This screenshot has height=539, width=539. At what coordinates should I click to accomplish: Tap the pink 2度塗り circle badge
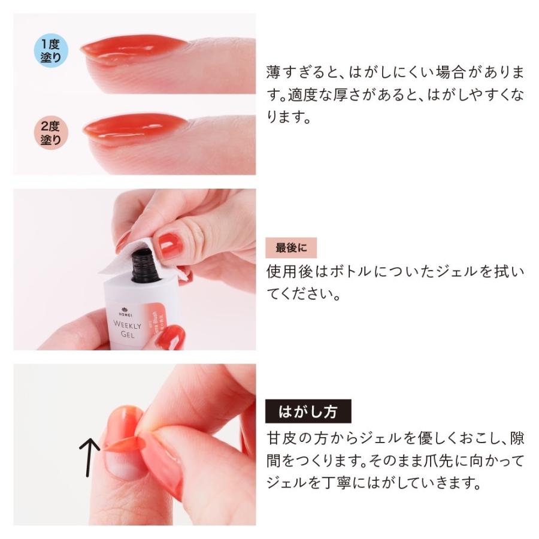click(x=51, y=132)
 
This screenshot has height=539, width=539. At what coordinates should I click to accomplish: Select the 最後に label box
click(x=290, y=247)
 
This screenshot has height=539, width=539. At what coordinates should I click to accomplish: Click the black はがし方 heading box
click(x=308, y=413)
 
